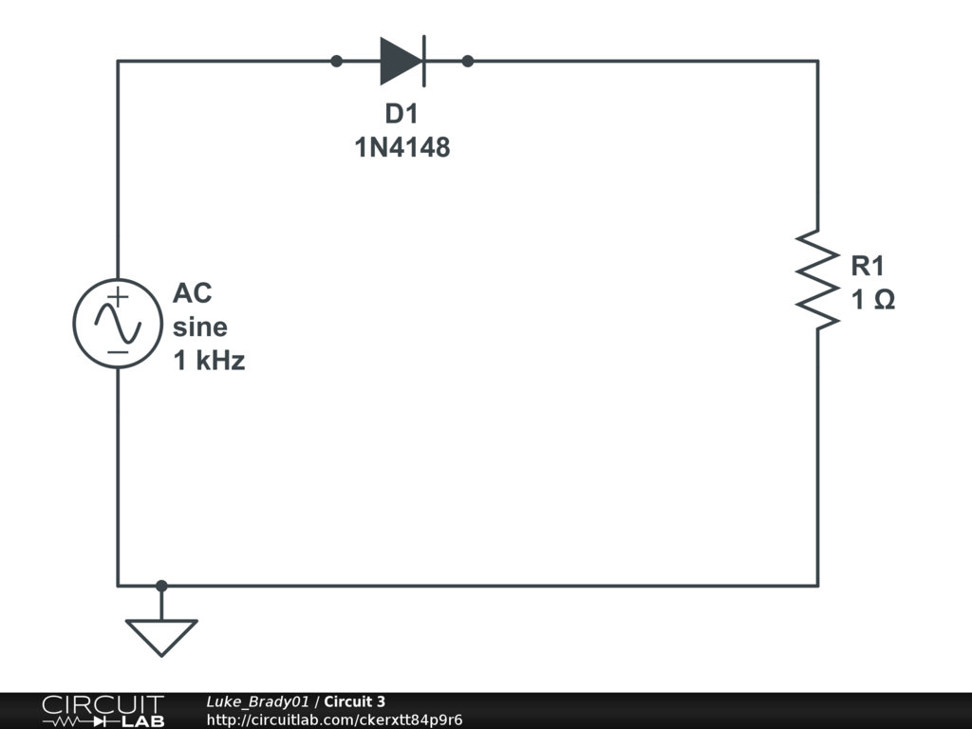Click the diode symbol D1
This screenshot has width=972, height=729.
tap(402, 62)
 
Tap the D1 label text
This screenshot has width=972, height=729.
tap(401, 115)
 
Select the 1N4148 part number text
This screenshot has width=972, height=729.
tap(402, 148)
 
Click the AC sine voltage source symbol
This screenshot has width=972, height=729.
tap(118, 325)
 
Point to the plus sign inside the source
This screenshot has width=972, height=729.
tap(117, 296)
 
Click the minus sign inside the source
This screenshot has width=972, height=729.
tap(118, 352)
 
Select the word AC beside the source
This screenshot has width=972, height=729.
tap(192, 293)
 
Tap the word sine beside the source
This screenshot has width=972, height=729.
tap(200, 327)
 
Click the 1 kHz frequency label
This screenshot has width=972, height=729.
tap(209, 361)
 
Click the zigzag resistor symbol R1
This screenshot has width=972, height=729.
tap(817, 279)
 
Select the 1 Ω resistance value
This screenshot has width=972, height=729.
tap(873, 301)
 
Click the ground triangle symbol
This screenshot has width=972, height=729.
tap(161, 635)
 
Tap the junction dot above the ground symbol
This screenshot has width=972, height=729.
tap(161, 586)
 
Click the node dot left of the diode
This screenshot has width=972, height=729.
tap(336, 62)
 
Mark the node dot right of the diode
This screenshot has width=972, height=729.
tap(467, 62)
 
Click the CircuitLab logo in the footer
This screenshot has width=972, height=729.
tap(103, 711)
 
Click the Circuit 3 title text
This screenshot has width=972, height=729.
tap(354, 701)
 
